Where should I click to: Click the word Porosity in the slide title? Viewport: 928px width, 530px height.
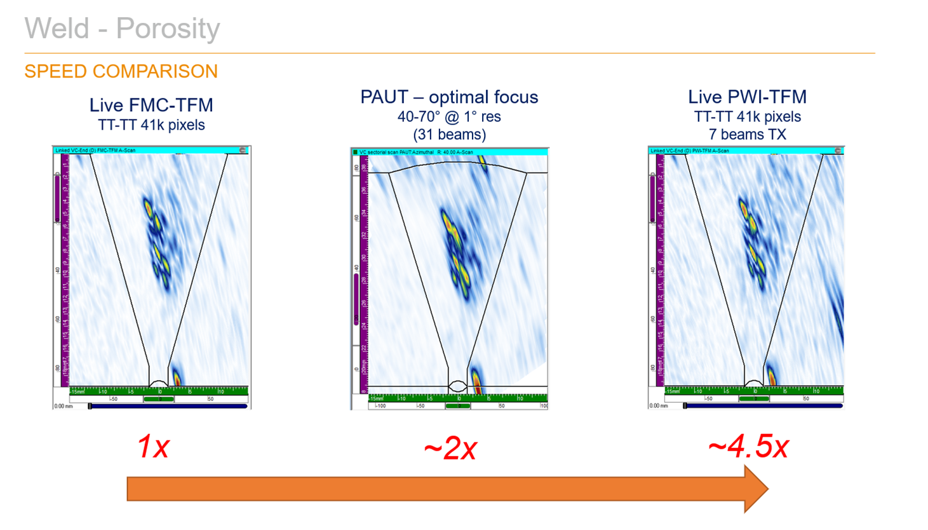point(168,29)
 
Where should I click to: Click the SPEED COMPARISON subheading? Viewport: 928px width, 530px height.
point(121,71)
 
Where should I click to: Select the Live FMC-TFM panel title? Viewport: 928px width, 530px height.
point(151,105)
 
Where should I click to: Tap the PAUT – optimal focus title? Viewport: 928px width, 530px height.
point(449,97)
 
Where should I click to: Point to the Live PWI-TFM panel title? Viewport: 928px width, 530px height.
point(747,97)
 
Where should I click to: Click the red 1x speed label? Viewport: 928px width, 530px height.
point(153,447)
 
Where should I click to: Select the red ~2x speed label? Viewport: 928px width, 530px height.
point(450,449)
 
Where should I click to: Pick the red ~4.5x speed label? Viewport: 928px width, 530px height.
point(748,447)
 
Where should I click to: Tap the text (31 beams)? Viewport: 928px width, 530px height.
point(449,135)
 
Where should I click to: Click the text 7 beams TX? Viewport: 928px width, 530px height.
point(747,135)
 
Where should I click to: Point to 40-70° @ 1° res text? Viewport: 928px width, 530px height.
point(449,117)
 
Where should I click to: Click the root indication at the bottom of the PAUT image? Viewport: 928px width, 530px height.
point(476,380)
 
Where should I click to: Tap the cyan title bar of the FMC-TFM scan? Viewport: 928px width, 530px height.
point(151,151)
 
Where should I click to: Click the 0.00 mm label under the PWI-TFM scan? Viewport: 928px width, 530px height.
point(658,405)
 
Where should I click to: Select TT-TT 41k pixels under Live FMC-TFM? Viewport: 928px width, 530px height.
point(151,125)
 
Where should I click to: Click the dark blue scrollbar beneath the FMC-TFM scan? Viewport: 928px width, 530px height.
point(168,406)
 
